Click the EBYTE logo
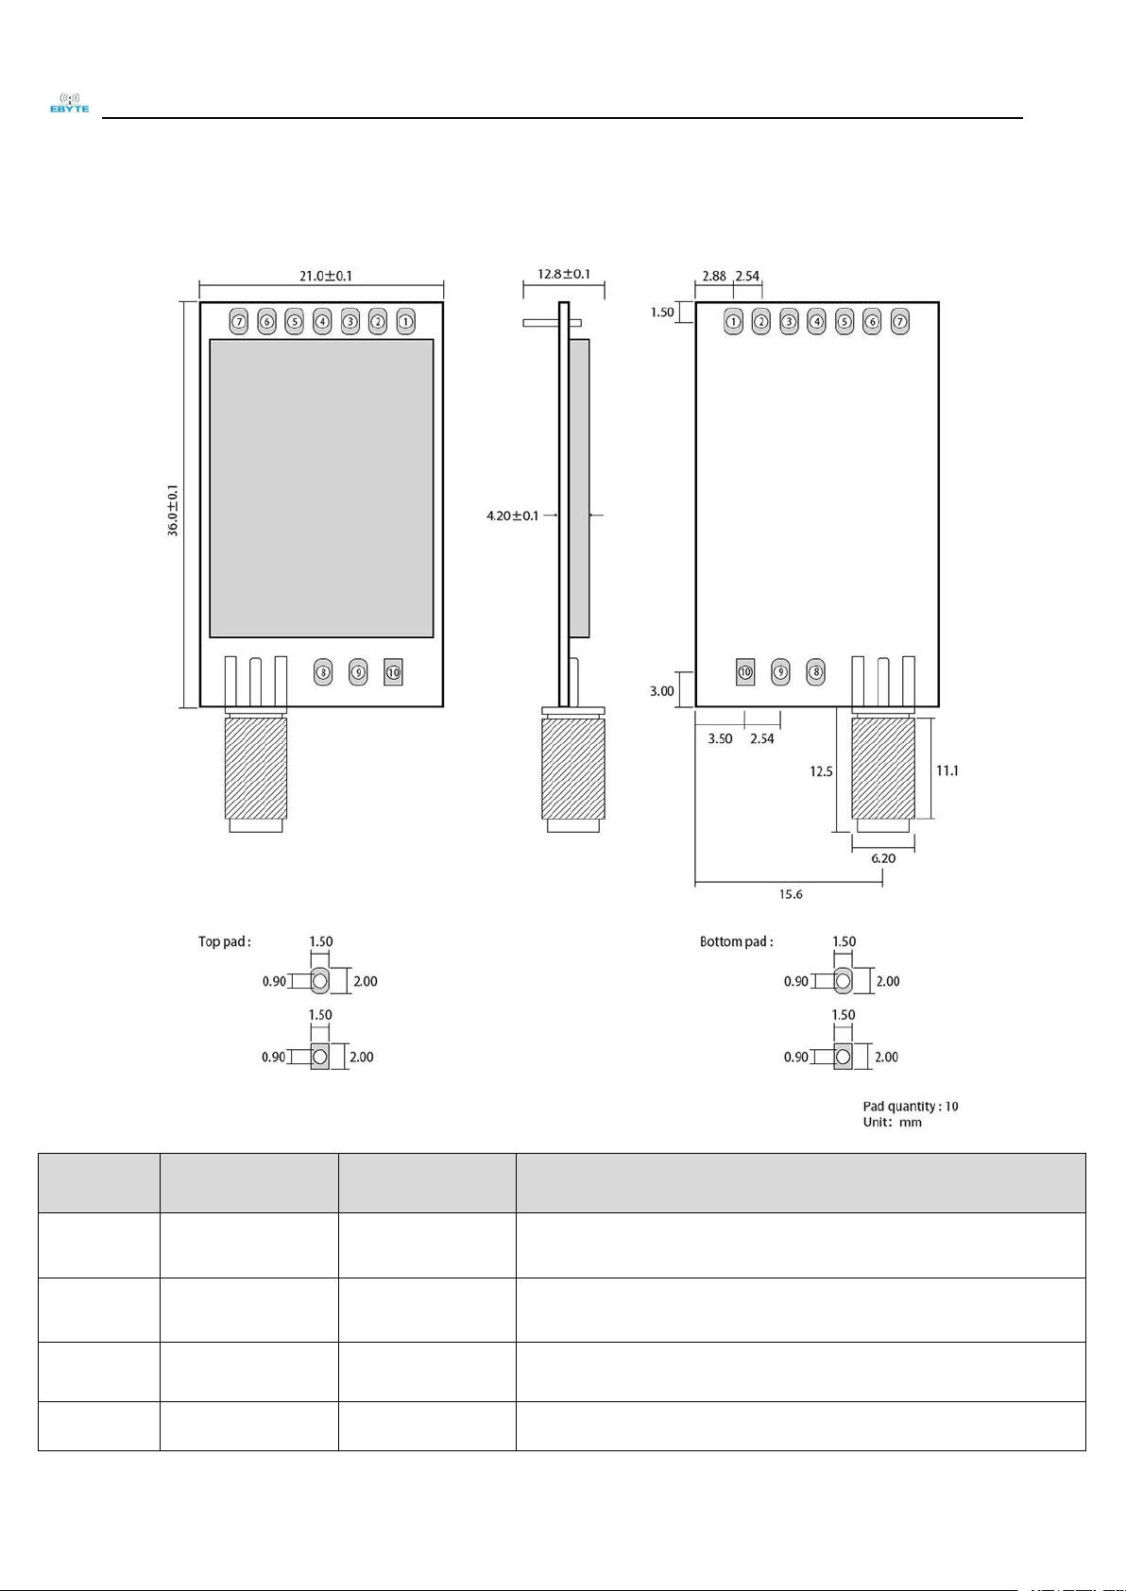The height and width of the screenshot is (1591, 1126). pos(70,103)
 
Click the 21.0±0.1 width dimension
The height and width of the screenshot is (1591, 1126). pos(325,276)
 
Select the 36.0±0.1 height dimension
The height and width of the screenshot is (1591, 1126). pos(174,511)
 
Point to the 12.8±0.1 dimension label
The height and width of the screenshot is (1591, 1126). pos(563,274)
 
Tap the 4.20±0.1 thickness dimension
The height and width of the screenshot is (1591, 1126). pos(512,516)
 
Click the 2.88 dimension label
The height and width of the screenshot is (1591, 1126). pos(714,276)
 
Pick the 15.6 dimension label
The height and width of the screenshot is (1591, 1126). pos(790,894)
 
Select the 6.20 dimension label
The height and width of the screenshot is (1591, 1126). pos(883,858)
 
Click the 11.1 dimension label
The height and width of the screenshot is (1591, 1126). pos(947,770)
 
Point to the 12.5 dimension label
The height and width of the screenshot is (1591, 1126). pos(821,771)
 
